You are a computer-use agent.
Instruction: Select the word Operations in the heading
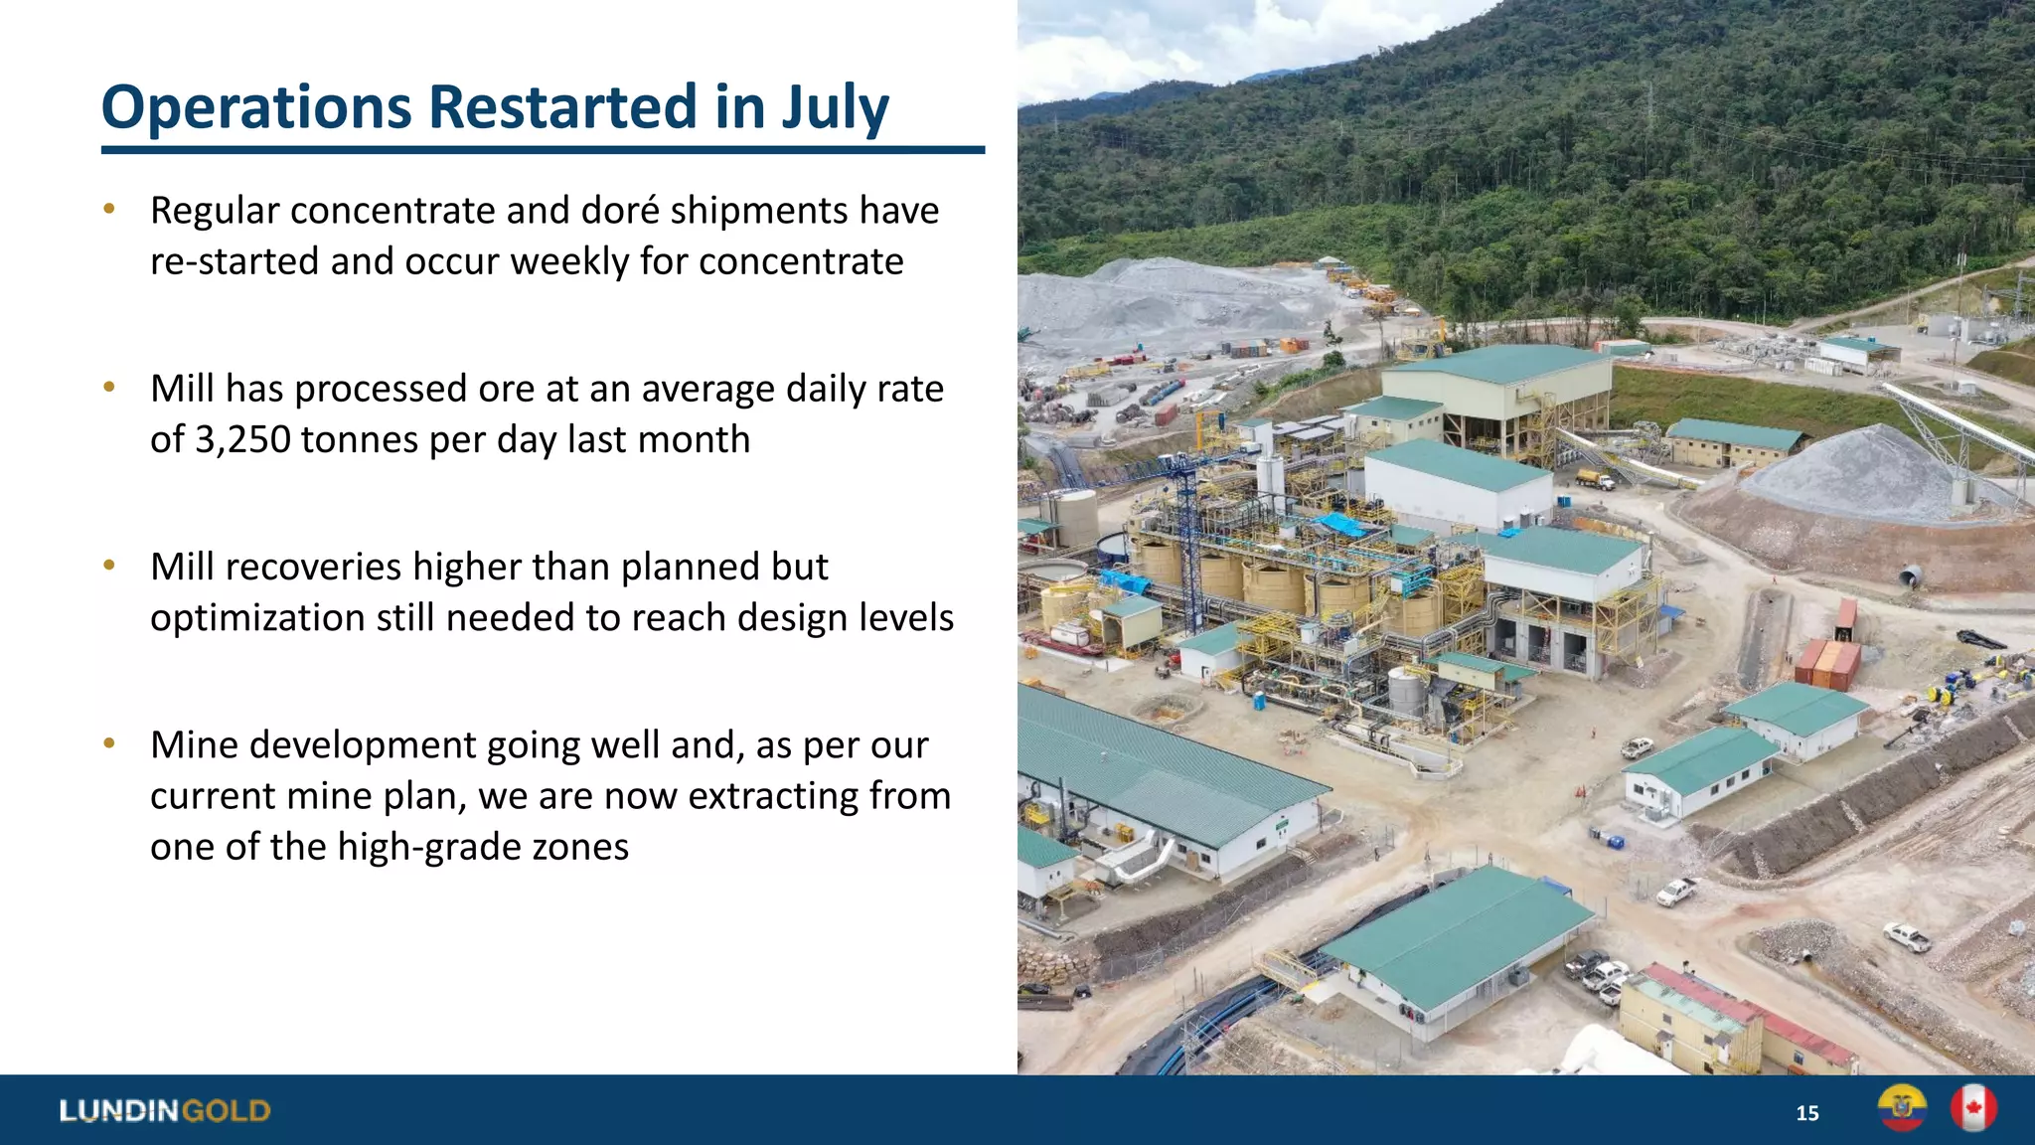[256, 107]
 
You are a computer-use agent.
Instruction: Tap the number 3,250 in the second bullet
[241, 439]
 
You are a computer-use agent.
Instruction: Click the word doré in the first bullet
[620, 211]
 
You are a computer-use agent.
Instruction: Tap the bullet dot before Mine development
[109, 743]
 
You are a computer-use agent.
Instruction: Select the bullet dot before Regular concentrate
[109, 210]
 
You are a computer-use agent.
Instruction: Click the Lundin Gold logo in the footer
[165, 1110]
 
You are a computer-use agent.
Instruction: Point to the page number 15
[1807, 1113]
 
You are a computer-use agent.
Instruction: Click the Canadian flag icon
[1973, 1108]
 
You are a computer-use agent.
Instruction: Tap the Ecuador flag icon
[1902, 1108]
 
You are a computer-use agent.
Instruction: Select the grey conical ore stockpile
[1868, 472]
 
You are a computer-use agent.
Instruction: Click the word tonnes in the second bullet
[360, 439]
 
